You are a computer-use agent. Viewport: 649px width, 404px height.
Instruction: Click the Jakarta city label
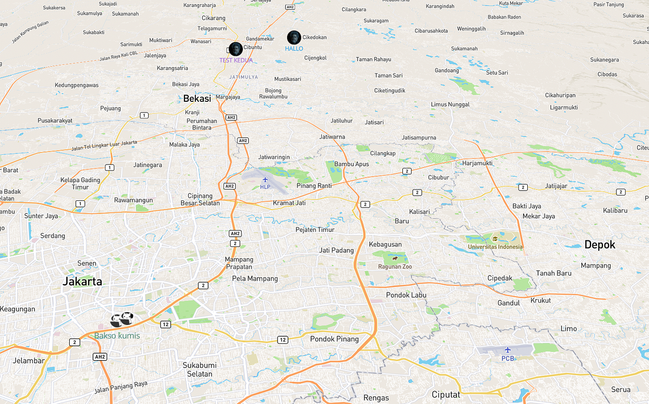[x=82, y=282]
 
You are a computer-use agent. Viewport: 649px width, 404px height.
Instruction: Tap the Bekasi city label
[x=197, y=99]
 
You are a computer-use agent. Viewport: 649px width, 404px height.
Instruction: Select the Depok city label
[x=600, y=245]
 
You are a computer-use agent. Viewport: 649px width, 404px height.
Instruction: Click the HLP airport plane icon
[x=265, y=179]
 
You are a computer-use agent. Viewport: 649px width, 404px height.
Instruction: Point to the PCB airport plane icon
[x=507, y=350]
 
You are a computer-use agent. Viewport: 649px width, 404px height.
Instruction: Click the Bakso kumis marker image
[x=122, y=320]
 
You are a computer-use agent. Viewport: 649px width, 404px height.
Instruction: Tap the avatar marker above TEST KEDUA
[x=235, y=49]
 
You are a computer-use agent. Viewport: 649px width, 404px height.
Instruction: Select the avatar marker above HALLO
[x=294, y=37]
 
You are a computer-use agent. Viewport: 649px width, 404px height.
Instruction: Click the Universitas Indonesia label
[x=495, y=247]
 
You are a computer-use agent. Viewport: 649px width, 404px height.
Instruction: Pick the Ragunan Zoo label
[x=395, y=266]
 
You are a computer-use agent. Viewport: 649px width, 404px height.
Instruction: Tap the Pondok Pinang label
[x=334, y=339]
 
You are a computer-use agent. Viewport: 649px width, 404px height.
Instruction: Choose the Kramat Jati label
[x=289, y=203]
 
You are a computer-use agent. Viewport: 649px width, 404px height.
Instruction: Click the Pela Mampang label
[x=255, y=278]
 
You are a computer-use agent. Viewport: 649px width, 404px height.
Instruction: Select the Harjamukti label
[x=478, y=163]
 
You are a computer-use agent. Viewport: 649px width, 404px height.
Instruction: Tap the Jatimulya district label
[x=243, y=77]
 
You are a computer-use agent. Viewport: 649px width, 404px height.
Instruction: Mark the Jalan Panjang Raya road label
[x=121, y=387]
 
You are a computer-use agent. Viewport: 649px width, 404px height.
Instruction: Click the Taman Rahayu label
[x=373, y=59]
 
